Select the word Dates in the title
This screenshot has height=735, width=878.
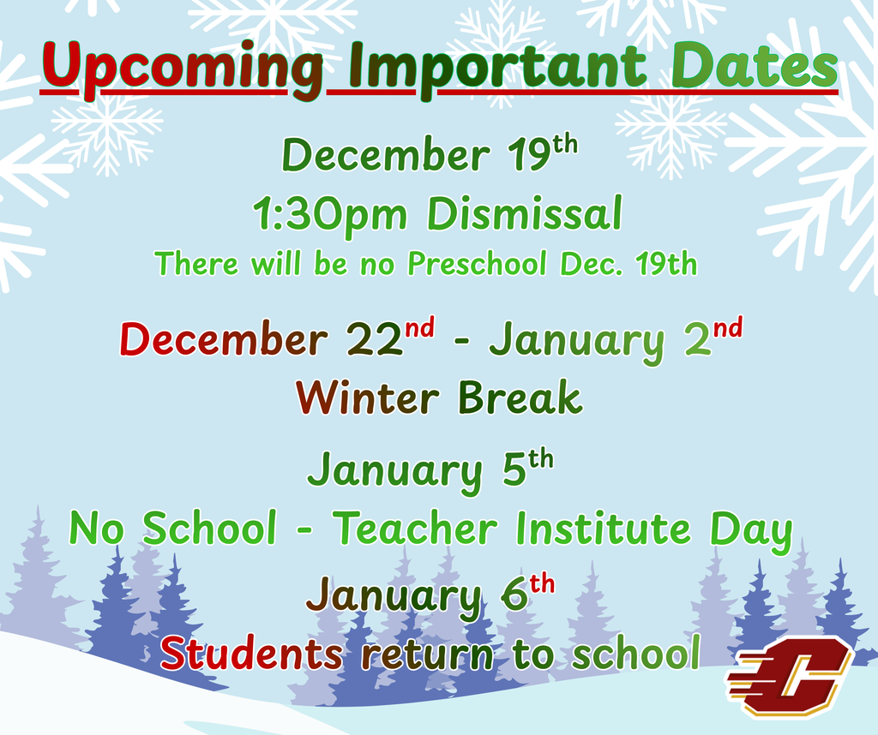point(755,67)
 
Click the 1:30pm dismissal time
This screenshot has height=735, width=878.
point(330,214)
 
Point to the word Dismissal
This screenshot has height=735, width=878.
point(525,214)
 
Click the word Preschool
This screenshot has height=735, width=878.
point(477,265)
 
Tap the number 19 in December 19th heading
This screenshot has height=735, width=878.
point(532,157)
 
